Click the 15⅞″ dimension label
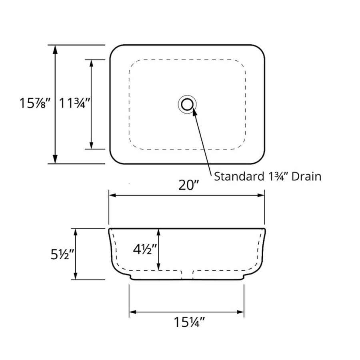pyautogui.click(x=35, y=103)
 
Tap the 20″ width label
pyautogui.click(x=188, y=185)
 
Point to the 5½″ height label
pyautogui.click(x=62, y=255)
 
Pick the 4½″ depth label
pyautogui.click(x=145, y=249)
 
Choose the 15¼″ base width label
pyautogui.click(x=189, y=322)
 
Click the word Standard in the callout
pyautogui.click(x=239, y=176)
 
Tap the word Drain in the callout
pyautogui.click(x=306, y=176)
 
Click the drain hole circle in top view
pyautogui.click(x=187, y=98)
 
